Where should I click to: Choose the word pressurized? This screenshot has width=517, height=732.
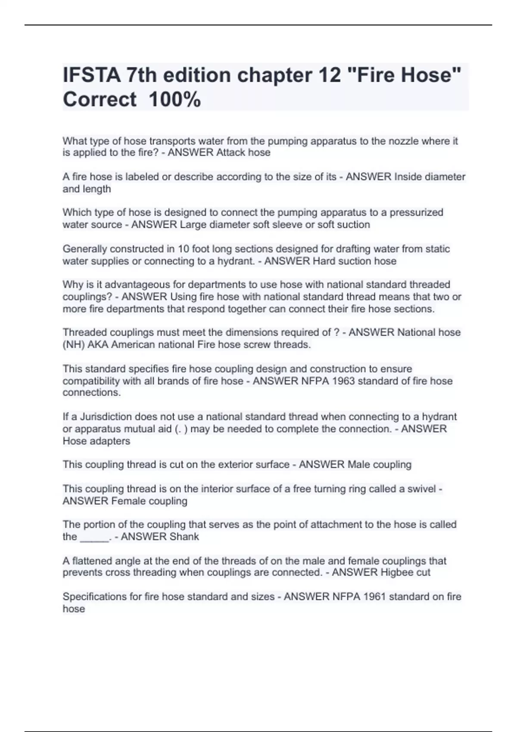[x=416, y=212]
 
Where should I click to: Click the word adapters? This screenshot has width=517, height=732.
[x=110, y=441]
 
